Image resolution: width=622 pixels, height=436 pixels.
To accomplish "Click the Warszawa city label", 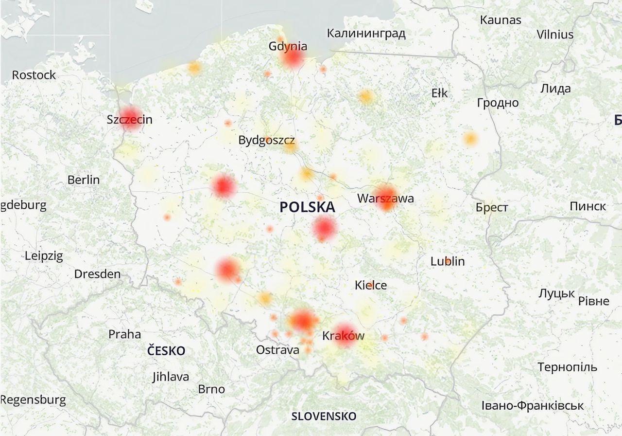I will click(385, 199).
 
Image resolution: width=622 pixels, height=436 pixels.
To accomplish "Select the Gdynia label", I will click(288, 47).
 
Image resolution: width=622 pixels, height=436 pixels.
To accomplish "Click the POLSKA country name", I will click(307, 207).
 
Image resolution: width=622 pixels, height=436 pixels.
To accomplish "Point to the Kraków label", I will click(343, 336).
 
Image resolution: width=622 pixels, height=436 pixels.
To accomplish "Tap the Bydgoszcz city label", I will click(266, 141).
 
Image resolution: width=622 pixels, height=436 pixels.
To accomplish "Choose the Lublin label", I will click(448, 261).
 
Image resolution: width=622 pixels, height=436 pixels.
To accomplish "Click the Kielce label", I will click(371, 285).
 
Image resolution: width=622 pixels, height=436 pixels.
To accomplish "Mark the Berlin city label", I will click(84, 180).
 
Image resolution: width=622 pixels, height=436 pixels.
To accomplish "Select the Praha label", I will click(124, 334).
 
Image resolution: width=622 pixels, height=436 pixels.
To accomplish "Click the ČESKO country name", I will click(166, 351).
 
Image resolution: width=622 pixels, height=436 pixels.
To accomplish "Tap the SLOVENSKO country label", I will click(324, 417).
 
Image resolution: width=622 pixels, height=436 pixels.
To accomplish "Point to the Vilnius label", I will click(555, 35).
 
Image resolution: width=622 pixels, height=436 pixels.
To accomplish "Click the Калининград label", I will click(366, 34).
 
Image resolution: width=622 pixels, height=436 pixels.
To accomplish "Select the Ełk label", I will click(439, 92).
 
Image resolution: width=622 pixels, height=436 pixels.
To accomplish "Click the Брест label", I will click(492, 208).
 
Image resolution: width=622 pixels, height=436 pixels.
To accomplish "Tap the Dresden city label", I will click(97, 274).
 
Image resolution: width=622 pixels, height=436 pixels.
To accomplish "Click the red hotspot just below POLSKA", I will click(324, 229).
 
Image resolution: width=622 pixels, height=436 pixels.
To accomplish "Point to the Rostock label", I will click(34, 75).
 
